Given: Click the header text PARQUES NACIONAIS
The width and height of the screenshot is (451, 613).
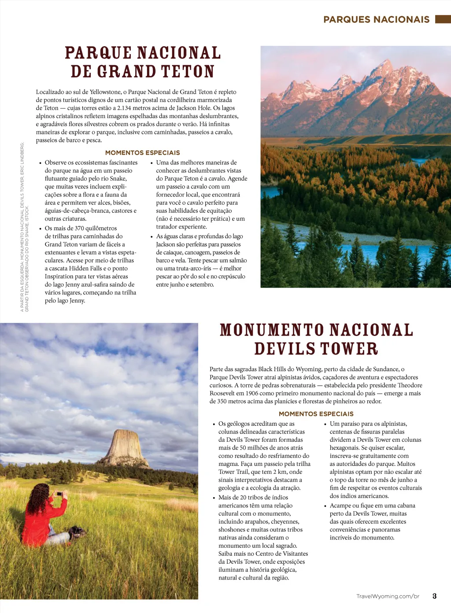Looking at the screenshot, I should (376, 19).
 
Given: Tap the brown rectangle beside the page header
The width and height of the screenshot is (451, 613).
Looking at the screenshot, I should (443, 19).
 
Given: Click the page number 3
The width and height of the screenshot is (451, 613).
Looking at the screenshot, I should (434, 596).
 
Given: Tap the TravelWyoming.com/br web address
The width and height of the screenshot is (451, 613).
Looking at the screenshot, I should (388, 596).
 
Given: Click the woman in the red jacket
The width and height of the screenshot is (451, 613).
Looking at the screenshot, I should (44, 515).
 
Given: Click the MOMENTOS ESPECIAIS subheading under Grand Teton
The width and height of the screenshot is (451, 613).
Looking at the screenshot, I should (142, 153).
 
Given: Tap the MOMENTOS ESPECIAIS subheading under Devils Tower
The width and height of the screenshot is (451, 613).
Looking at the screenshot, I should (316, 414).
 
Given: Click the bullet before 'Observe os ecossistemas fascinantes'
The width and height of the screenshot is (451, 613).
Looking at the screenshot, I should (40, 163).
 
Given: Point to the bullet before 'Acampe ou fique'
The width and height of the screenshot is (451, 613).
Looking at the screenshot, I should (325, 506).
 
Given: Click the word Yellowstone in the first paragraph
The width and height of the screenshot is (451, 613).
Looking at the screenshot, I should (105, 92).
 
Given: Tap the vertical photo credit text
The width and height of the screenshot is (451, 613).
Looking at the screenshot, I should (24, 227).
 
